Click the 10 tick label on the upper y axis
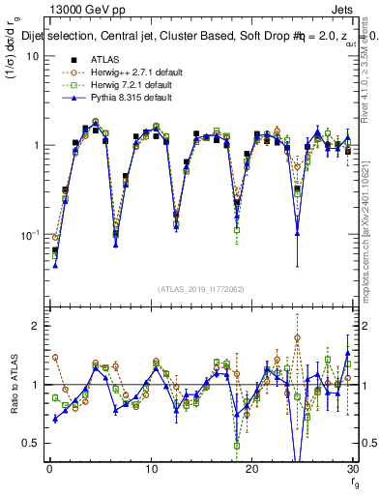pyautogui.click(x=32, y=56)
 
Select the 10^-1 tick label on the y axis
pyautogui.click(x=29, y=235)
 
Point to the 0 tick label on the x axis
pyautogui.click(x=48, y=469)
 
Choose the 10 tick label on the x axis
pyautogui.click(x=150, y=469)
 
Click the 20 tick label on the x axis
pyautogui.click(x=251, y=469)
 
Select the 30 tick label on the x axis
pyautogui.click(x=352, y=469)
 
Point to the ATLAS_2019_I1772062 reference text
pyautogui.click(x=200, y=288)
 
